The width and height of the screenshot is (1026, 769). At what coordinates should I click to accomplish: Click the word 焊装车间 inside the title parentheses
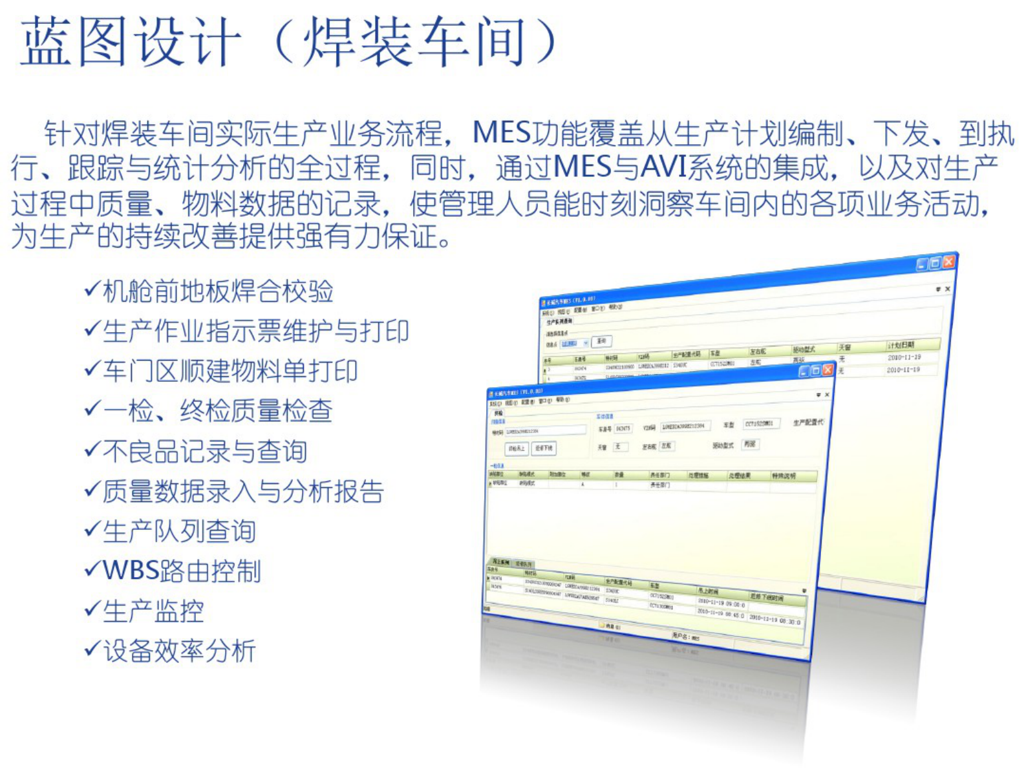(414, 42)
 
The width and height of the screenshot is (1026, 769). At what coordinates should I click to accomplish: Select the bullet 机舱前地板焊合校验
(218, 291)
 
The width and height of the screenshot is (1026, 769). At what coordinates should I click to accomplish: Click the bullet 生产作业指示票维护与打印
(255, 332)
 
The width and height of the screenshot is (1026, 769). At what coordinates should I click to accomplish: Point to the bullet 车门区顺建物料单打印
(230, 371)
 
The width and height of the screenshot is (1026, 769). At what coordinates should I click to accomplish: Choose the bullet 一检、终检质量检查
(218, 411)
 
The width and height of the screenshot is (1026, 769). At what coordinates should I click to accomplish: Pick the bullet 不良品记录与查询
(205, 451)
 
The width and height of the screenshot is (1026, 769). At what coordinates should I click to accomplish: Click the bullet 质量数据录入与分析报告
(243, 491)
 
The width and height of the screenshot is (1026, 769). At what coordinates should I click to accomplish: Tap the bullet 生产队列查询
(180, 531)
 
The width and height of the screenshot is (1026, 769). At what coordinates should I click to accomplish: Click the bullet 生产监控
(154, 611)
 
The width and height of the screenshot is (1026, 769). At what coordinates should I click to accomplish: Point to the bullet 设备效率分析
(180, 651)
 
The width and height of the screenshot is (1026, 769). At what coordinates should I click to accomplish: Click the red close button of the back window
(948, 262)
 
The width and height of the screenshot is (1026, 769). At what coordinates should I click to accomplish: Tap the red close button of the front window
(828, 370)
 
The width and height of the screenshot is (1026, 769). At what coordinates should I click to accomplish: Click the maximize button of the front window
(816, 371)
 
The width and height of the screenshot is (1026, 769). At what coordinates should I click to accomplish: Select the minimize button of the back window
(923, 264)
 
